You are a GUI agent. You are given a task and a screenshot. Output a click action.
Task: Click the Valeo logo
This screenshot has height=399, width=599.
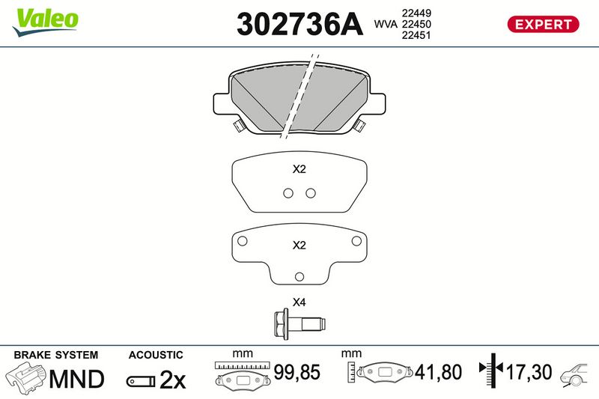(x=46, y=22)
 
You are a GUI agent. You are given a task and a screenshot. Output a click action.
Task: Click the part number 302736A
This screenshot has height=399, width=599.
(x=299, y=25)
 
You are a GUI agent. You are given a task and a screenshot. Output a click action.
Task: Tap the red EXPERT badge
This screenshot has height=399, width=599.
(x=543, y=25)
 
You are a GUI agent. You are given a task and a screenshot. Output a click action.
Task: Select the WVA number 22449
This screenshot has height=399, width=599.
(x=416, y=13)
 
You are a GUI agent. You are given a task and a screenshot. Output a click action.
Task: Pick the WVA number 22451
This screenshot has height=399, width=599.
(x=416, y=35)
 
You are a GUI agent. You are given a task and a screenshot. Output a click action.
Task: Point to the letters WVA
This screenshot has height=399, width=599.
(x=386, y=24)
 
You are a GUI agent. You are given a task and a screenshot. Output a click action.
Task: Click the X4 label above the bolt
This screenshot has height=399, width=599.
(x=299, y=302)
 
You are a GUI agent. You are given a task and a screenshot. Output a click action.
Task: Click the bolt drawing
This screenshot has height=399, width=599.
(x=299, y=324)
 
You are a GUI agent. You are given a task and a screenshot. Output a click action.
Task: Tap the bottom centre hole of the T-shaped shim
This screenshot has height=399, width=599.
(x=299, y=277)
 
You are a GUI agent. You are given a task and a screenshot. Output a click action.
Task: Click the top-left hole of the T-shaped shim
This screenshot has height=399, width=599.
(x=242, y=241)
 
